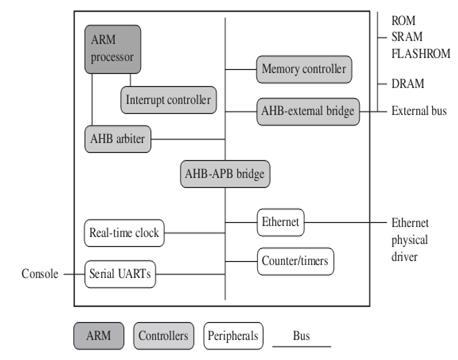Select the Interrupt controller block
point(168,100)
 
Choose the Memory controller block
point(304,69)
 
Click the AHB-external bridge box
point(307,111)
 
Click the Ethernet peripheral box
point(279,221)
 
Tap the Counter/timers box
point(295,261)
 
